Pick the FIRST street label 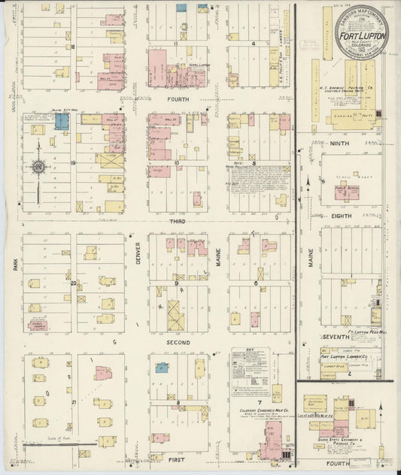point(178,456)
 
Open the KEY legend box point(252,371)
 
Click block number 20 point(74,283)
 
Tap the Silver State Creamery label point(351,443)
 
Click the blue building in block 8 point(161,368)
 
